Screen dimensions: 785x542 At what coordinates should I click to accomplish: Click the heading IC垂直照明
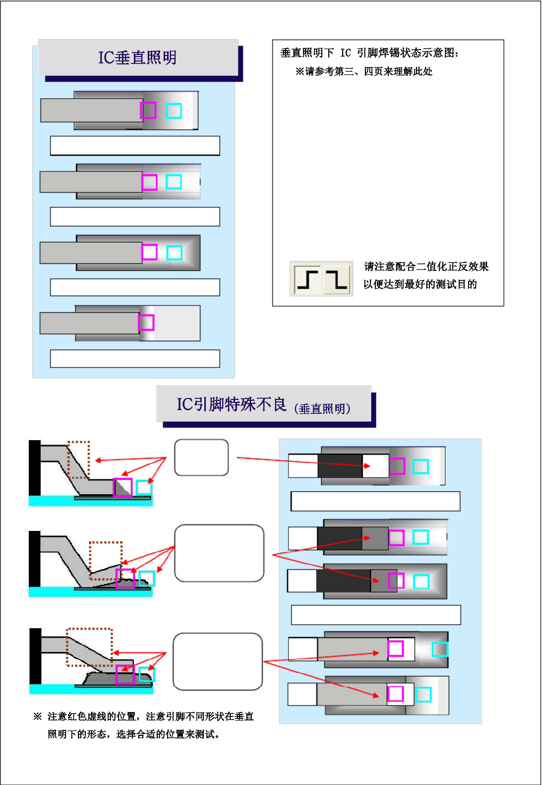[137, 58]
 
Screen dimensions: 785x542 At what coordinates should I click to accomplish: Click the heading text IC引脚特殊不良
[232, 404]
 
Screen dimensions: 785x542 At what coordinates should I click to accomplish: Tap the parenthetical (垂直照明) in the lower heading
[322, 409]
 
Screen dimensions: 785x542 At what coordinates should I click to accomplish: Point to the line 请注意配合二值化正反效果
[426, 267]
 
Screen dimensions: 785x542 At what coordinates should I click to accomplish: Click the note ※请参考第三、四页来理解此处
[363, 71]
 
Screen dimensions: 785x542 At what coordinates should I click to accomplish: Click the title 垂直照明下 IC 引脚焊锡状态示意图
[369, 53]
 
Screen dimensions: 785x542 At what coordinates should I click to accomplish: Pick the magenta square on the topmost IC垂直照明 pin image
[148, 110]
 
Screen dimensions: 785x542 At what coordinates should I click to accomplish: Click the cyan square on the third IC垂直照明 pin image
[174, 253]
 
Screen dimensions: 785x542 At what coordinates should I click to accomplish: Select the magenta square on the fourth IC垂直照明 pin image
[146, 323]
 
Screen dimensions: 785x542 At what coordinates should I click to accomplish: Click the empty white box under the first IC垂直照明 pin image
[135, 146]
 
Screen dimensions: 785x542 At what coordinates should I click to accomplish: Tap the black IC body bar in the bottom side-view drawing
[35, 656]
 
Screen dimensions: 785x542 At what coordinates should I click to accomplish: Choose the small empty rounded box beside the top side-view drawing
[201, 458]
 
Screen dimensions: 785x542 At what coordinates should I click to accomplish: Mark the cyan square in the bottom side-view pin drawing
[147, 674]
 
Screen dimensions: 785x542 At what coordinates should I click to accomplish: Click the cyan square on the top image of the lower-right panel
[421, 466]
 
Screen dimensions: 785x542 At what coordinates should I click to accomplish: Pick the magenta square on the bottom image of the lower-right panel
[395, 694]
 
